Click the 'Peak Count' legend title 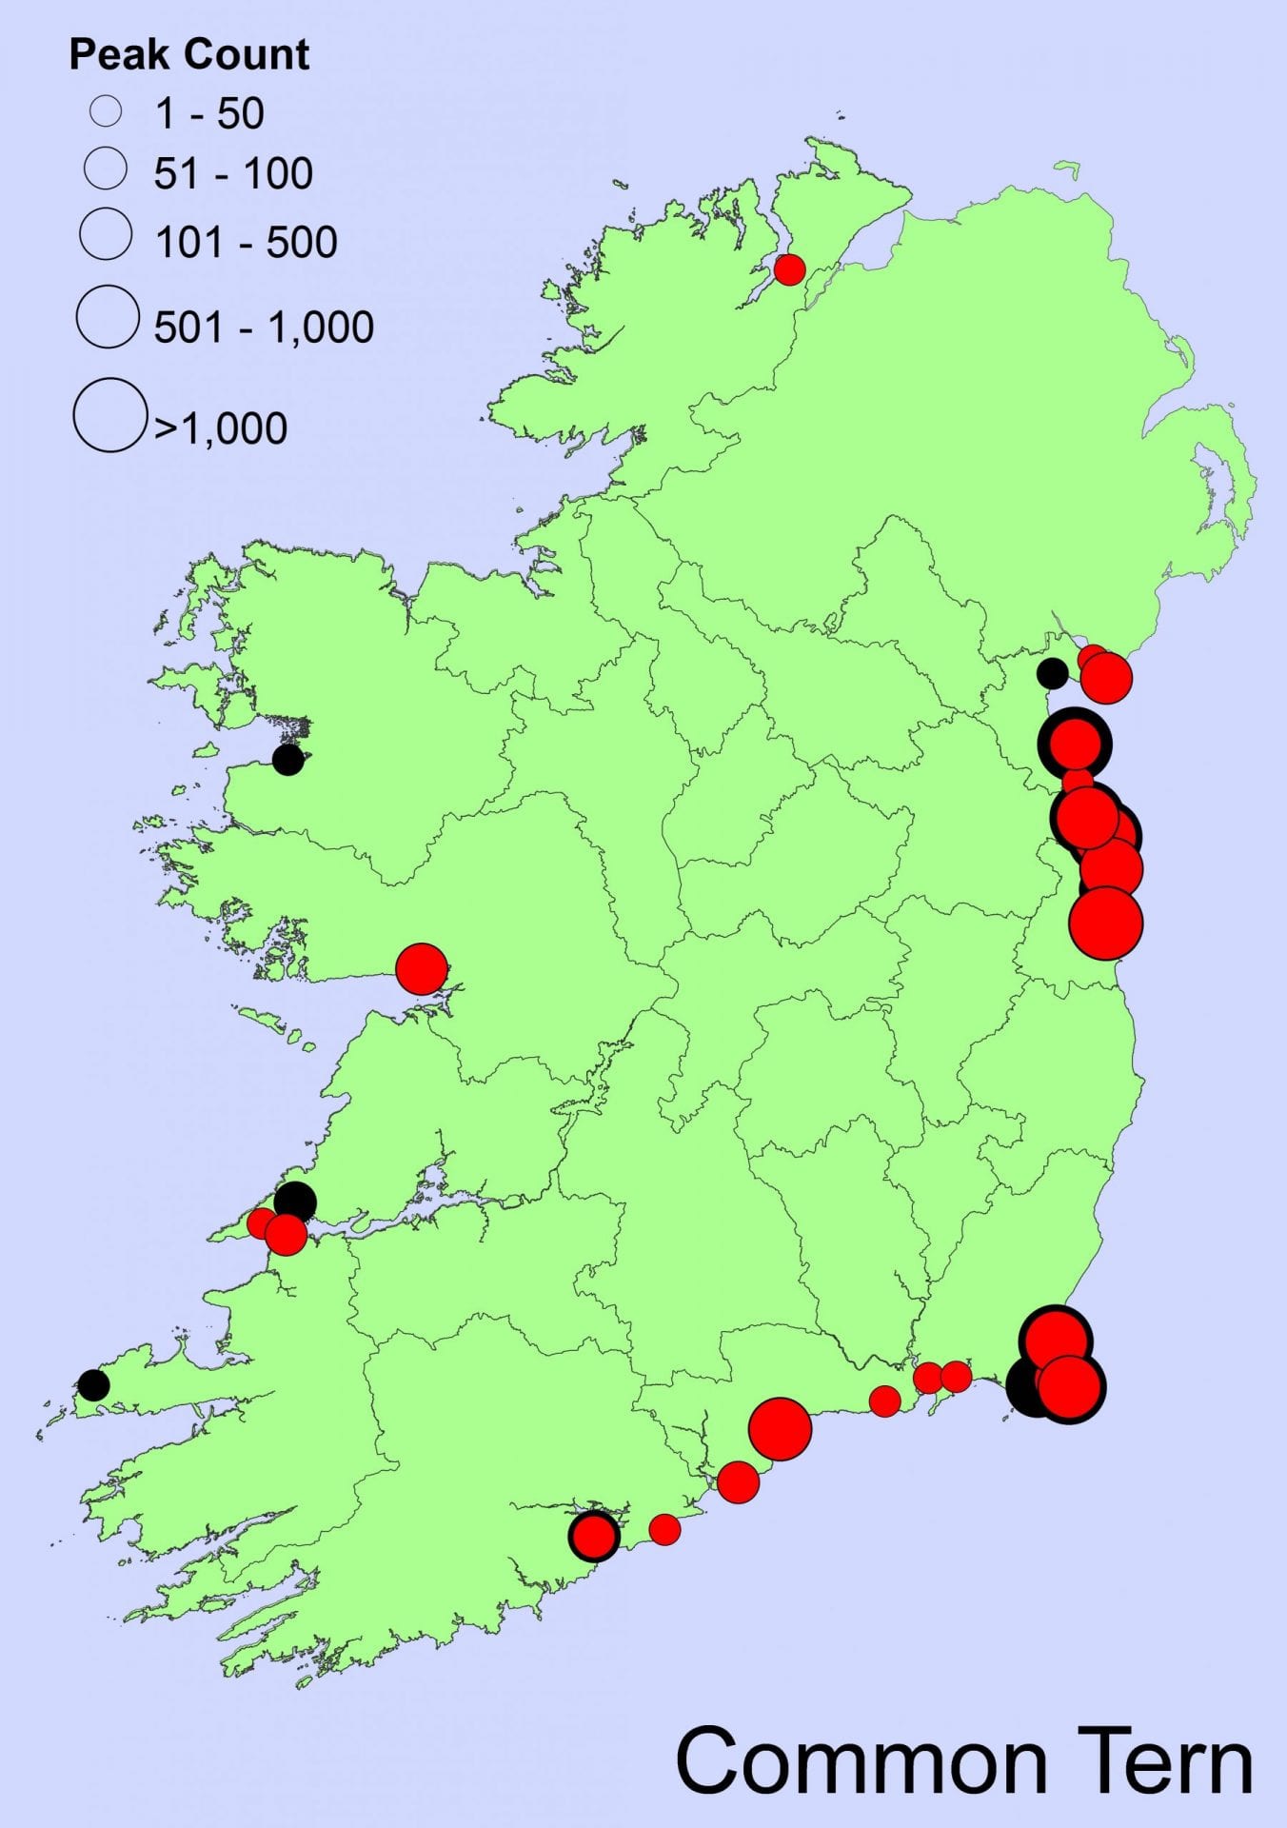coord(188,55)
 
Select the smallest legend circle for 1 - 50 coord(106,111)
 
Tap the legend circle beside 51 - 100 coord(106,169)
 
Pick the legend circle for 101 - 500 coord(106,234)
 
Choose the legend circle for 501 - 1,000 coord(108,316)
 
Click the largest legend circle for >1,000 coord(109,415)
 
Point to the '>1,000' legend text coord(221,428)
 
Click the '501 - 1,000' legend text coord(264,328)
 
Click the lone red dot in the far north coord(789,269)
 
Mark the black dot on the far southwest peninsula coord(93,1384)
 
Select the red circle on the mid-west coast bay coord(421,968)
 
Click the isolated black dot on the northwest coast coord(287,760)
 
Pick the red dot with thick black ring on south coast coord(594,1535)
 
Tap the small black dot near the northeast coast coord(1052,673)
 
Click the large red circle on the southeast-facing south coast coord(780,1428)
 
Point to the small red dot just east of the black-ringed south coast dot coord(664,1529)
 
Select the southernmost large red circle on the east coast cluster coord(1105,923)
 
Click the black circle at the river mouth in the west coord(295,1201)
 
